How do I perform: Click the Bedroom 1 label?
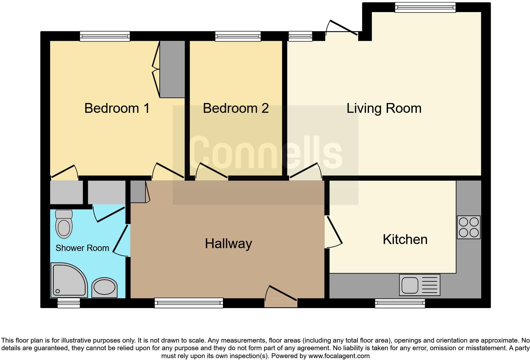(x=117, y=108)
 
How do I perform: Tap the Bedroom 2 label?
(x=236, y=108)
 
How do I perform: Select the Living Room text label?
(x=384, y=108)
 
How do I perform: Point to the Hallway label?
(x=228, y=243)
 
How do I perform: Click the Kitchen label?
(x=405, y=240)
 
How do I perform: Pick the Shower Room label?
(x=82, y=248)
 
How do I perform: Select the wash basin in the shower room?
(x=104, y=287)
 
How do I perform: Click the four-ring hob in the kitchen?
(x=469, y=227)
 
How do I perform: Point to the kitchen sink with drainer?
(x=419, y=285)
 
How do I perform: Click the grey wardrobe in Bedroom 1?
(x=172, y=69)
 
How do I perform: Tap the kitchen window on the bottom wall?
(x=400, y=303)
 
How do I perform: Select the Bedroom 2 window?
(x=238, y=36)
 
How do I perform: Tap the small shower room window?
(x=68, y=303)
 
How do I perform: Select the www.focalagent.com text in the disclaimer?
(x=339, y=356)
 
